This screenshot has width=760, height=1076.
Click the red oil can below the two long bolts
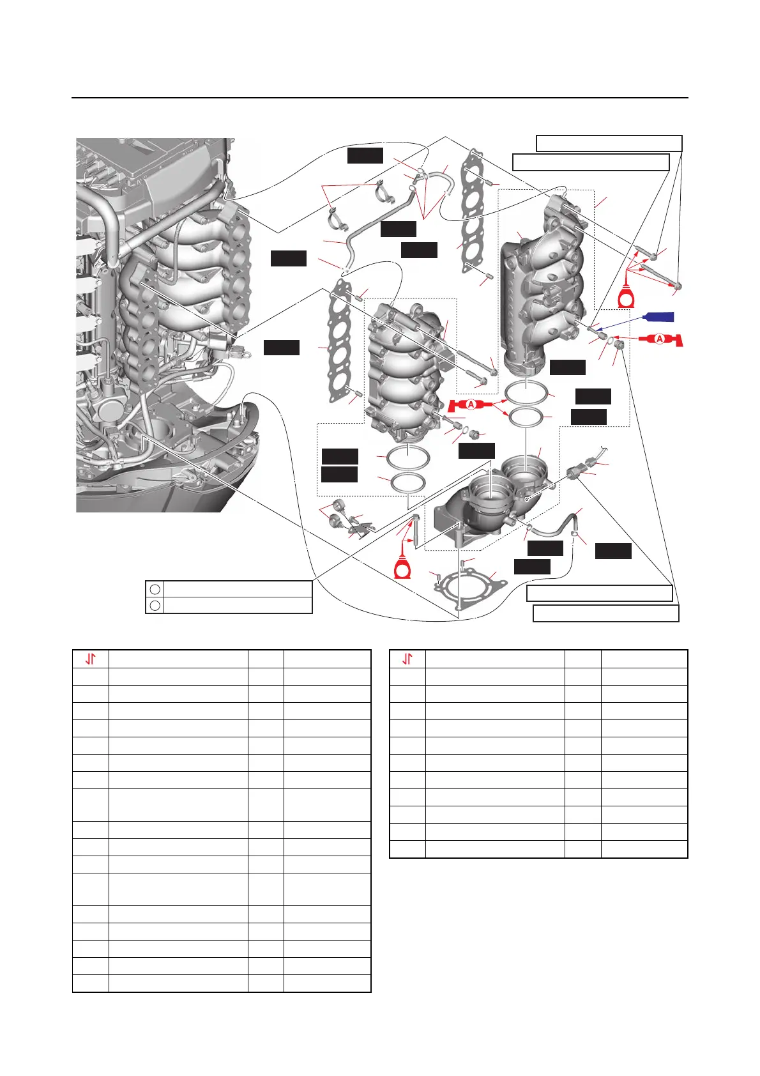coord(629,297)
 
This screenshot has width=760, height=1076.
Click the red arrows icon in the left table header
coord(91,659)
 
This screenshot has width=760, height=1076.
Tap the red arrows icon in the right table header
coord(407,659)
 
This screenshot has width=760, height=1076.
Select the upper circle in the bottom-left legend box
coord(155,588)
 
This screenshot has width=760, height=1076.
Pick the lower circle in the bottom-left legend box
coord(155,604)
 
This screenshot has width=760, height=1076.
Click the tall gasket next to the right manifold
coord(472,211)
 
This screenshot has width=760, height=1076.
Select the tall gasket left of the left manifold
coord(340,345)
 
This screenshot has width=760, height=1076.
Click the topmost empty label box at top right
coord(609,143)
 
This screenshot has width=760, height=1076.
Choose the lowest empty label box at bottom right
coord(605,614)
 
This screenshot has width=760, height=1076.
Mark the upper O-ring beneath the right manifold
coord(526,391)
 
